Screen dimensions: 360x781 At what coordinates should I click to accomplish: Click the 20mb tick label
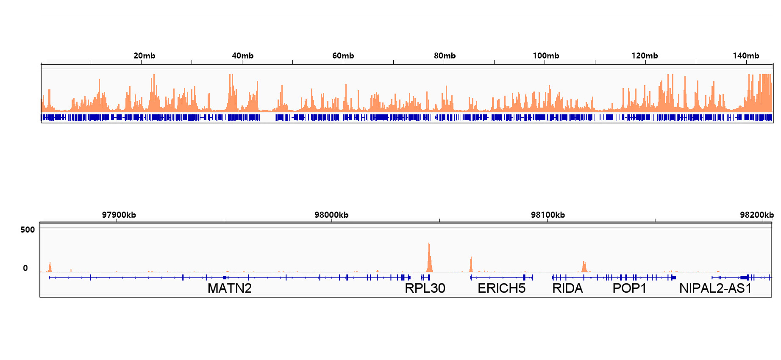[x=144, y=56]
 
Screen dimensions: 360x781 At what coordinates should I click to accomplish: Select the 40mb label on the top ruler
[x=242, y=56]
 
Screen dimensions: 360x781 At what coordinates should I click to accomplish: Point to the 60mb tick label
[x=343, y=56]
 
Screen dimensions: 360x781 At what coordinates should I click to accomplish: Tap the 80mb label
[x=445, y=56]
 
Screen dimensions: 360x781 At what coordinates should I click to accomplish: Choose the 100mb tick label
[x=546, y=56]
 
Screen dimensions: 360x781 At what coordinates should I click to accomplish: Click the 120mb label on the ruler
[x=645, y=56]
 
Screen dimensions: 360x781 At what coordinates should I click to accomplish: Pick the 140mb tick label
[x=746, y=56]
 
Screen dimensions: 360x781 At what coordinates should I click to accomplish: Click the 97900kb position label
[x=119, y=215]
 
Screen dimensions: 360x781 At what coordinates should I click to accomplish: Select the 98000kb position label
[x=331, y=215]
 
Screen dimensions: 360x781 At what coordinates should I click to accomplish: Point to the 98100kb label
[x=548, y=215]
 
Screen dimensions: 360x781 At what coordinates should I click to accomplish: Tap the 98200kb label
[x=756, y=215]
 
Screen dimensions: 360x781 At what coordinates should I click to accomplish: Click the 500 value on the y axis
[x=28, y=230]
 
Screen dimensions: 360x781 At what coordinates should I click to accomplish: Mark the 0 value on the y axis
[x=25, y=268]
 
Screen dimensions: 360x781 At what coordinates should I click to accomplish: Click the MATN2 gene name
[x=230, y=288]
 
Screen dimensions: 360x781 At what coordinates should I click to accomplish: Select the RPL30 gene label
[x=425, y=288]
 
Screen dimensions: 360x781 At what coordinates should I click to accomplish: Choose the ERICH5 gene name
[x=501, y=288]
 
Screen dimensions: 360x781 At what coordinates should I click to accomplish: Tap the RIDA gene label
[x=567, y=288]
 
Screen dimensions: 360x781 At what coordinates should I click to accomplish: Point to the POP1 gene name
[x=629, y=288]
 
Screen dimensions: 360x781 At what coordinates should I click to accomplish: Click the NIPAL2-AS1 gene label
[x=715, y=288]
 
